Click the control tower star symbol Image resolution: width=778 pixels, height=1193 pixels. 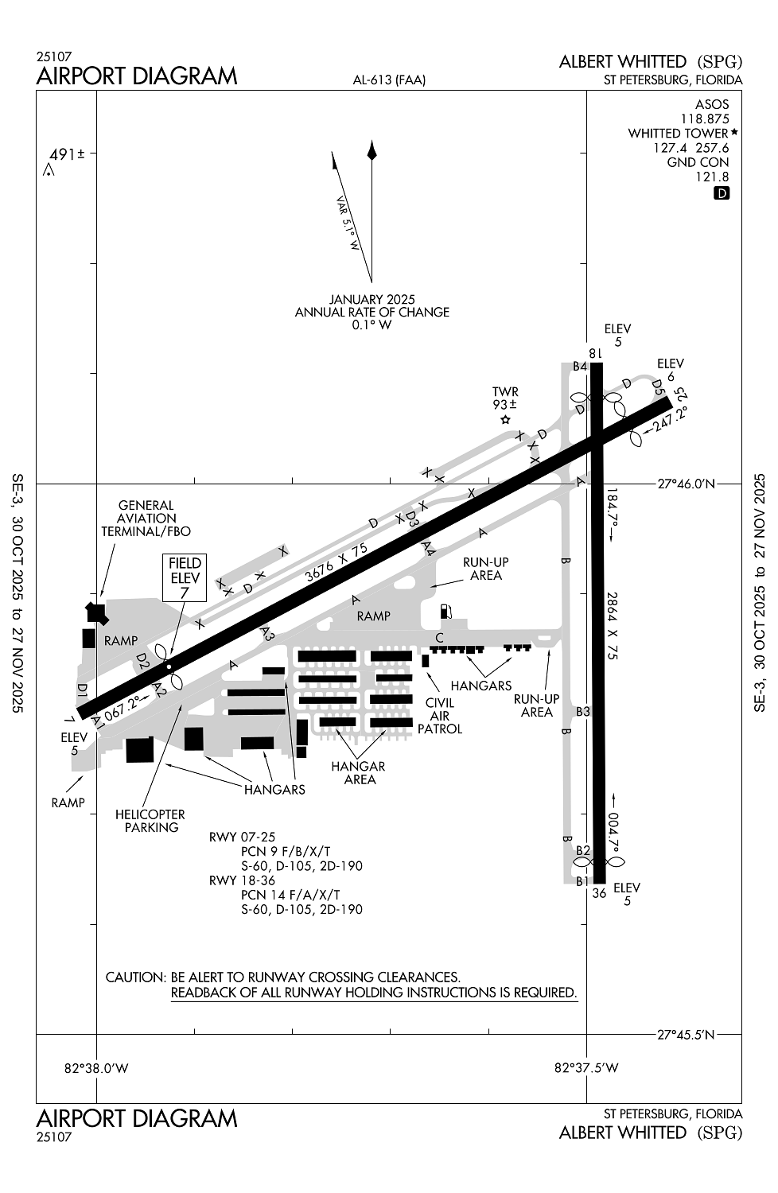coord(506,420)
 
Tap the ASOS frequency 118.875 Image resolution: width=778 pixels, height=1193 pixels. coord(705,119)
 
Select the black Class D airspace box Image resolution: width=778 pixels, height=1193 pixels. coord(721,192)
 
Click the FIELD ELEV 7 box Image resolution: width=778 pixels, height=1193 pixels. coord(185,578)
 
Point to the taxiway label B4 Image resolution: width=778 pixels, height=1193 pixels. coord(580,367)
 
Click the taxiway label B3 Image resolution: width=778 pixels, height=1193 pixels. coord(583,711)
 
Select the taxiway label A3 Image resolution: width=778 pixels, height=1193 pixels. coord(267,633)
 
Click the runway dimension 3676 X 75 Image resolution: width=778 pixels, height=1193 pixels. coord(336,562)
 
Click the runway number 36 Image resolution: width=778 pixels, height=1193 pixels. coord(599,893)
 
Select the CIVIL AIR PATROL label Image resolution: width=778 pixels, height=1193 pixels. coord(440,716)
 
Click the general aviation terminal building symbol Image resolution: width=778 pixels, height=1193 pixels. coord(96,613)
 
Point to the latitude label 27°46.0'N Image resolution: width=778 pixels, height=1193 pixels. coord(686,484)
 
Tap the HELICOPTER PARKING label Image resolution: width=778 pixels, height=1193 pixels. coord(151,821)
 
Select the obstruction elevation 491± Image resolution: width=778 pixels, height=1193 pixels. coord(67,154)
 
